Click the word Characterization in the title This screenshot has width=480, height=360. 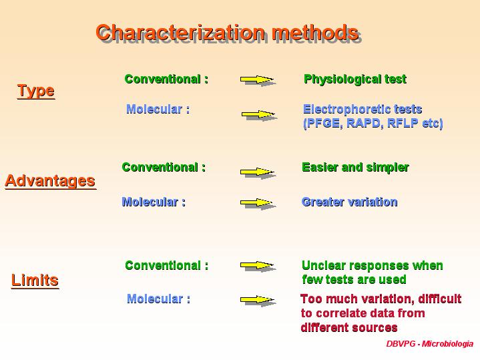pyautogui.click(x=180, y=32)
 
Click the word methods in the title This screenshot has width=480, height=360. pyautogui.click(x=315, y=32)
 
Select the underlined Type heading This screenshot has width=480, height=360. pyautogui.click(x=36, y=92)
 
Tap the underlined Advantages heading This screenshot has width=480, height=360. pyautogui.click(x=50, y=181)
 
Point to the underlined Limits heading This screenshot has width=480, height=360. pyautogui.click(x=35, y=280)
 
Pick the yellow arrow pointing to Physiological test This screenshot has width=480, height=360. pyautogui.click(x=257, y=79)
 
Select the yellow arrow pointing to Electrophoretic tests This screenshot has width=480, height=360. pyautogui.click(x=258, y=114)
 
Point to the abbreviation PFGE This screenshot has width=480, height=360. pyautogui.click(x=323, y=123)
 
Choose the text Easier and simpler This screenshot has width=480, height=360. pyautogui.click(x=355, y=168)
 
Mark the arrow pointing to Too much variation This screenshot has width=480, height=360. pyautogui.click(x=257, y=300)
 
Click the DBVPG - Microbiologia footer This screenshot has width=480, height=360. pyautogui.click(x=430, y=344)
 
